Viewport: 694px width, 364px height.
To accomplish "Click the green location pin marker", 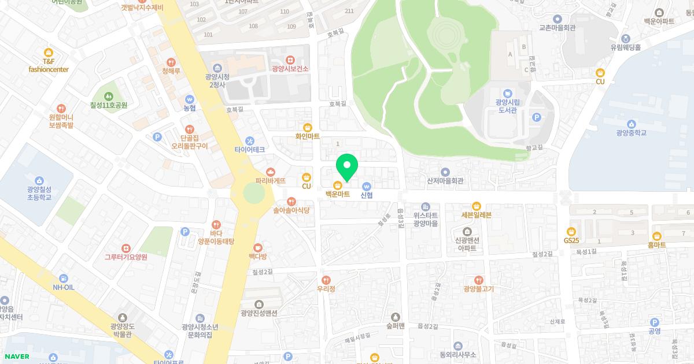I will (x=347, y=168).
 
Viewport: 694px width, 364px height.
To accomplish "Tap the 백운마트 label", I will (x=337, y=195).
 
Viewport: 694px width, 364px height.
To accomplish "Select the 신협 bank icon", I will (x=367, y=186).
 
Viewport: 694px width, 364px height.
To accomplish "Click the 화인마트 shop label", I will (x=307, y=138).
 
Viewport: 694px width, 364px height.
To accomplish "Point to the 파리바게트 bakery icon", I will (x=271, y=172).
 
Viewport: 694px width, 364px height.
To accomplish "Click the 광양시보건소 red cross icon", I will (x=290, y=60).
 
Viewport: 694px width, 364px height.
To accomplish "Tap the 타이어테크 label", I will (x=250, y=150).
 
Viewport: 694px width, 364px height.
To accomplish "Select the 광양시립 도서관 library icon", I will (x=507, y=93).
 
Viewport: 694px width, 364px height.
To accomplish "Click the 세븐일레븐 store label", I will (x=476, y=215).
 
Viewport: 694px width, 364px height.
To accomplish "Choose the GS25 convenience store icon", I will (x=572, y=231).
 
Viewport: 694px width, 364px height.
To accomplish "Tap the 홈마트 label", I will (x=657, y=245).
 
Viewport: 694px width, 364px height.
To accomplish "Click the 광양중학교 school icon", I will (x=631, y=124).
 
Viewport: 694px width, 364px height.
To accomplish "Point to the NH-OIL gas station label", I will (x=64, y=287).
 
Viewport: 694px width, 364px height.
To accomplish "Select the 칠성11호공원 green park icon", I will (x=108, y=96).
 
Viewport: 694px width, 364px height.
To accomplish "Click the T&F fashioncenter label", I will (x=49, y=65).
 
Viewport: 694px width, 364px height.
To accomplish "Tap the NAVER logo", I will (x=16, y=356).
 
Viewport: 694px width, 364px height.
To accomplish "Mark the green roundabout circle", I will (x=252, y=193).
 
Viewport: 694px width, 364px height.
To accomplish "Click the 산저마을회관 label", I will (x=445, y=181).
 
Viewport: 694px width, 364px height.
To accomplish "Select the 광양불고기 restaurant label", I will (x=478, y=289).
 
